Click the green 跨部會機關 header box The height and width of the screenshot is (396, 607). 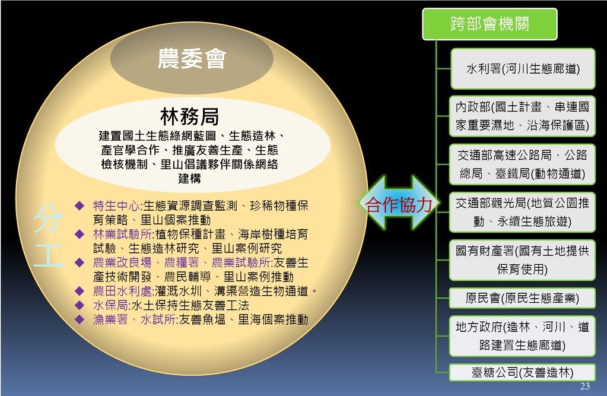click(x=490, y=24)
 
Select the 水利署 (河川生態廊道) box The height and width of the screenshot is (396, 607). click(x=522, y=69)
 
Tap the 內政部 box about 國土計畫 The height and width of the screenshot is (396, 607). click(x=522, y=116)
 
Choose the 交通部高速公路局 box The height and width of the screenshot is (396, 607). click(x=522, y=164)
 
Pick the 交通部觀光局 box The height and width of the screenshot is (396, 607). click(x=522, y=213)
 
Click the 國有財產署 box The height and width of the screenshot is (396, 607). click(x=522, y=260)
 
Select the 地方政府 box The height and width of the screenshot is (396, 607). click(x=522, y=335)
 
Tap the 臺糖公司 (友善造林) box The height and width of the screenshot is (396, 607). click(x=522, y=373)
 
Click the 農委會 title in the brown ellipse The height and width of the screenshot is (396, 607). click(x=191, y=59)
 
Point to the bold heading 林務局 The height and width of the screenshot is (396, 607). click(x=189, y=116)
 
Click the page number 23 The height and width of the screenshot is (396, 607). click(x=585, y=387)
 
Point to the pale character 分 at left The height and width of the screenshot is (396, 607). click(x=48, y=219)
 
